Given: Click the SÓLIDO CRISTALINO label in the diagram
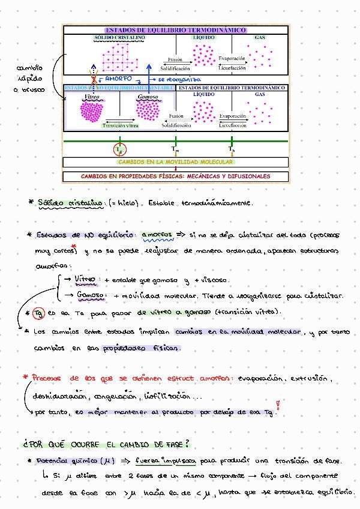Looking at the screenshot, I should tap(119, 37).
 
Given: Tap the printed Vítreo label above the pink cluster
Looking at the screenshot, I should tap(92, 96).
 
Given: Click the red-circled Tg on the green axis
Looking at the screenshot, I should tap(120, 148).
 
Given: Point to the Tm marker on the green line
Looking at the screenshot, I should tap(175, 148).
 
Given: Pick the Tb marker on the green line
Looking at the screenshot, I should tap(231, 148).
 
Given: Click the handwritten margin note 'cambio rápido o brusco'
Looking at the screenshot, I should tap(29, 79).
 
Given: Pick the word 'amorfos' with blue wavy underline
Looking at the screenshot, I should tap(156, 235).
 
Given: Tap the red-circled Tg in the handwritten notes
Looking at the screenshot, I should tap(38, 312).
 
